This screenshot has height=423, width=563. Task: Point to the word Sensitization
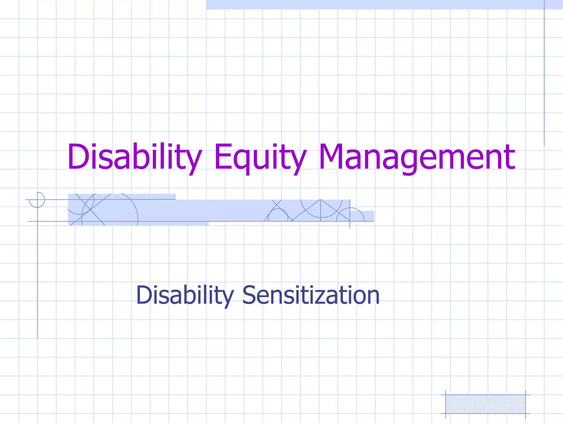311,295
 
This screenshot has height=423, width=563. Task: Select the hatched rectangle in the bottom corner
485,404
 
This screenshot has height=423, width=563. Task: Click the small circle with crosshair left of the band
37,200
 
